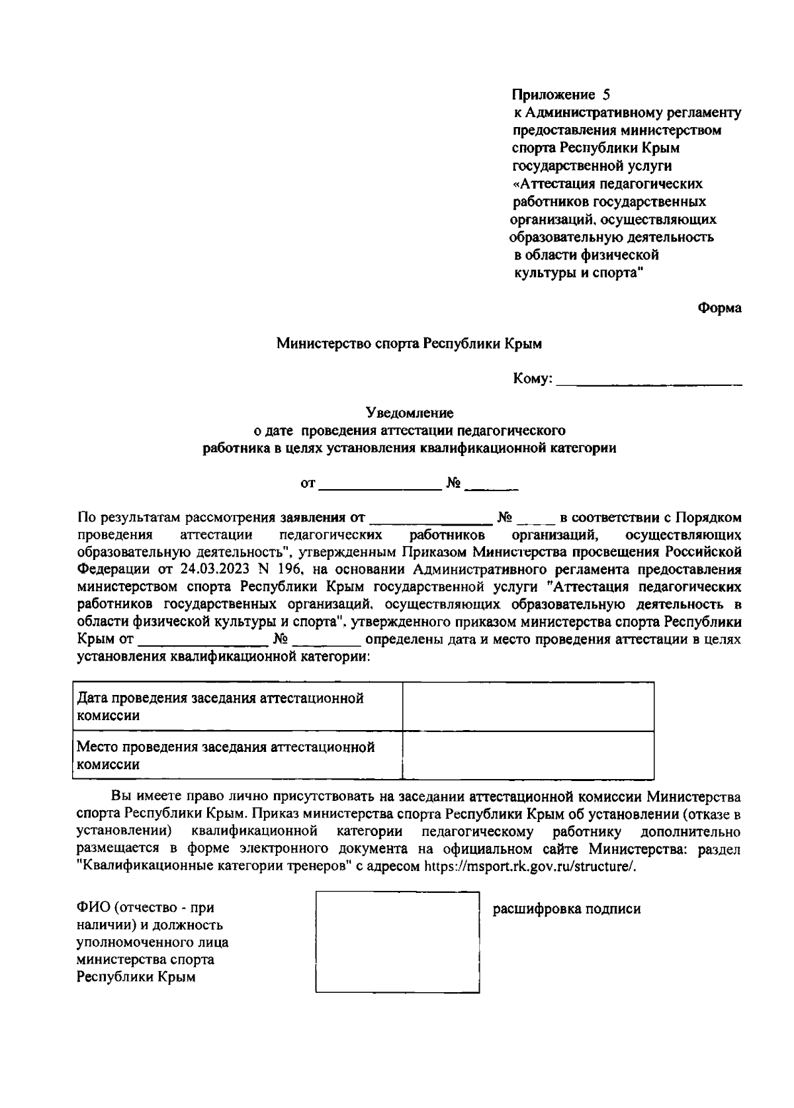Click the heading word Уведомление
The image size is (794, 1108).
410,413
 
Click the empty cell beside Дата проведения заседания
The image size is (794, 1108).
528,706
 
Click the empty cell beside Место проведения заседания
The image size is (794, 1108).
528,755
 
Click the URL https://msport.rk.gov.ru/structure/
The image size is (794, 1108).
529,867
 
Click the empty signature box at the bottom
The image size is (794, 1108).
398,943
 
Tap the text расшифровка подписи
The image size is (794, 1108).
567,909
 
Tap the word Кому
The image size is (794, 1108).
531,379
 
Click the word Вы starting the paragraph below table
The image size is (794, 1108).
120,796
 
